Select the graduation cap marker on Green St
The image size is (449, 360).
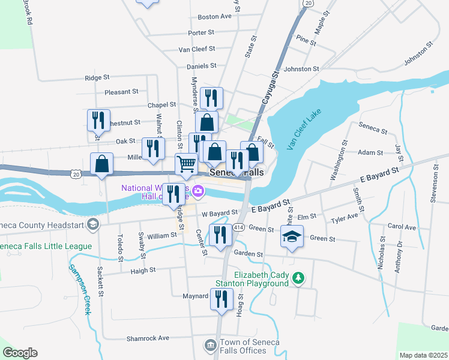pyautogui.click(x=292, y=236)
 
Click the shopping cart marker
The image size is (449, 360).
pyautogui.click(x=186, y=163)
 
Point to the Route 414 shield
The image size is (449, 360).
pyautogui.click(x=238, y=227)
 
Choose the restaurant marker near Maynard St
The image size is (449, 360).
pyautogui.click(x=221, y=298)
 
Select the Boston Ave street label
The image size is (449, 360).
pyautogui.click(x=214, y=17)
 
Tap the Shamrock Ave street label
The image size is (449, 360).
pyautogui.click(x=148, y=338)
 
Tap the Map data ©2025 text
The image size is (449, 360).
pyautogui.click(x=423, y=355)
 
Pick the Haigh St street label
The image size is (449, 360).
pyautogui.click(x=143, y=271)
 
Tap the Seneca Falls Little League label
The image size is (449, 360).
pyautogui.click(x=46, y=246)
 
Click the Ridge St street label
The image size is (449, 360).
pyautogui.click(x=97, y=77)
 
